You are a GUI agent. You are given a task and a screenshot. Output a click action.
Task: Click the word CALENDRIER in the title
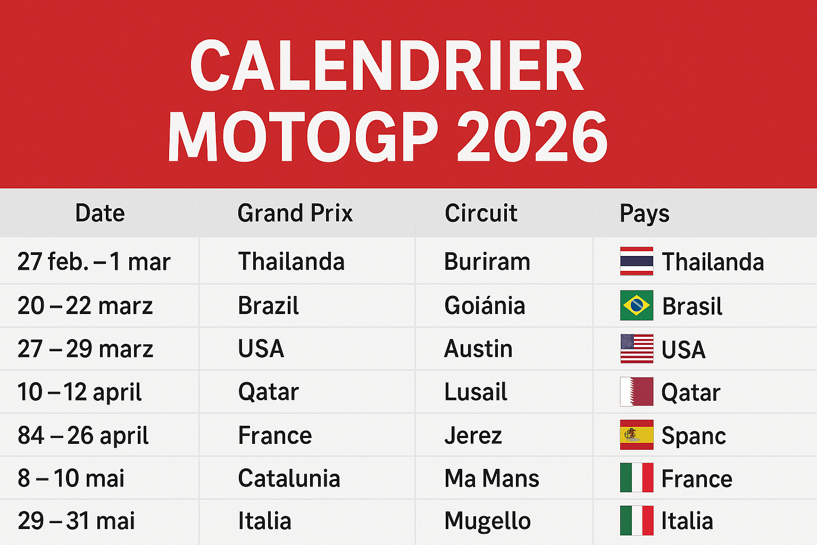[x=387, y=67]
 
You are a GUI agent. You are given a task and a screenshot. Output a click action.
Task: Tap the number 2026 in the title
[x=532, y=137]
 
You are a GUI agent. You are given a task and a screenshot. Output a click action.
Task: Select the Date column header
[x=100, y=213]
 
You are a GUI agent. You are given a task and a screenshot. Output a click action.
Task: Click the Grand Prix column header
[x=295, y=213]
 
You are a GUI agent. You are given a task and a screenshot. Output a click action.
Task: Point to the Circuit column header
[x=481, y=213]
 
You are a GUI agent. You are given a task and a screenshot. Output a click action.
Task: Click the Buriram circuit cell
[x=487, y=262]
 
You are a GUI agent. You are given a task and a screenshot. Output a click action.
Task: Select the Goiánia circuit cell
[x=485, y=306]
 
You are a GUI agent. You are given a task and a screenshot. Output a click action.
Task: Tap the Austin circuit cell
[x=478, y=349]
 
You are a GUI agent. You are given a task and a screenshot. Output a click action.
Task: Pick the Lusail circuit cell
[x=476, y=392]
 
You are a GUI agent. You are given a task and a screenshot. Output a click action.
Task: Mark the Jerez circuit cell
[x=473, y=436]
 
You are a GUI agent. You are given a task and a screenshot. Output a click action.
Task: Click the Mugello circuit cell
[x=487, y=521]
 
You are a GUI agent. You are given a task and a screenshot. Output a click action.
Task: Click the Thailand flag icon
[x=637, y=261]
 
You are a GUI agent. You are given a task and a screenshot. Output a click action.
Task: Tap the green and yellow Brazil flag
[x=637, y=305]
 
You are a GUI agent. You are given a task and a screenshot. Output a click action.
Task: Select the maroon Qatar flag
[x=637, y=392]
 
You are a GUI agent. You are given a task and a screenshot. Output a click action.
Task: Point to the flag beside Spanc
[x=637, y=435]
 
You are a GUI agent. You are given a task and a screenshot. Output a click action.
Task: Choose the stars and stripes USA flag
[x=637, y=349]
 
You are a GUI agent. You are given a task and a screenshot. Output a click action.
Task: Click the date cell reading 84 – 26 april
[x=83, y=436]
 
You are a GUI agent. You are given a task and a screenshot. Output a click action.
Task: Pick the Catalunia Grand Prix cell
[x=289, y=478]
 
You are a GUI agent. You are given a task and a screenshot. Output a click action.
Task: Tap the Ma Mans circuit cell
[x=491, y=478]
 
